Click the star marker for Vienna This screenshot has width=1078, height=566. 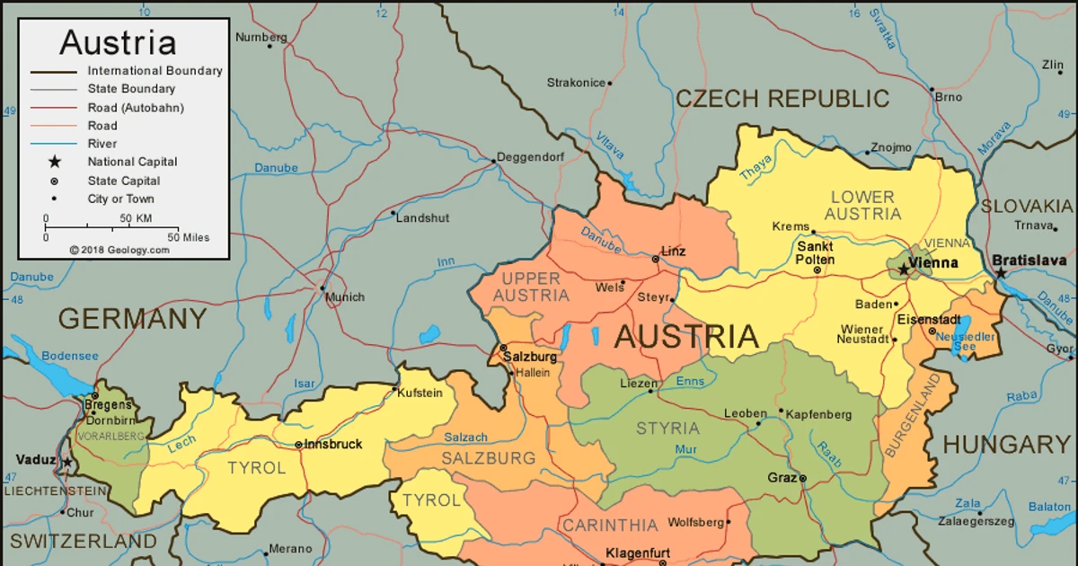903,269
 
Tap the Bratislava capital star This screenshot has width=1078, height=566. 1000,272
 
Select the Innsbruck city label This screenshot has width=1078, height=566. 333,444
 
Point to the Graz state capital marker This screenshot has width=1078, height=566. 803,478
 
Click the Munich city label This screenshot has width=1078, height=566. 346,296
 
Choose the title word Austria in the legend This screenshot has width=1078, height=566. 118,42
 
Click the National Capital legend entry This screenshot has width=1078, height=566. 132,162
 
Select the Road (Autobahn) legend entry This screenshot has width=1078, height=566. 136,107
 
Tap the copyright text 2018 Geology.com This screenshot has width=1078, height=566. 119,251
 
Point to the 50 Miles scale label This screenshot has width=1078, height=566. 188,237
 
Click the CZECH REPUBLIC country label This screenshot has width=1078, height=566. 782,99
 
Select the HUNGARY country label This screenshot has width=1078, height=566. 1006,444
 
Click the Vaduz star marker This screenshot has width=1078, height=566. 66,463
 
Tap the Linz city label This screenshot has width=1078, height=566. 673,252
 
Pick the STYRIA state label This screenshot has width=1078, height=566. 667,428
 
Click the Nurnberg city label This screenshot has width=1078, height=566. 261,38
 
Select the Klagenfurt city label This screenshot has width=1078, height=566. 638,553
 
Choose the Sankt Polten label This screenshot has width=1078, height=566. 815,252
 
